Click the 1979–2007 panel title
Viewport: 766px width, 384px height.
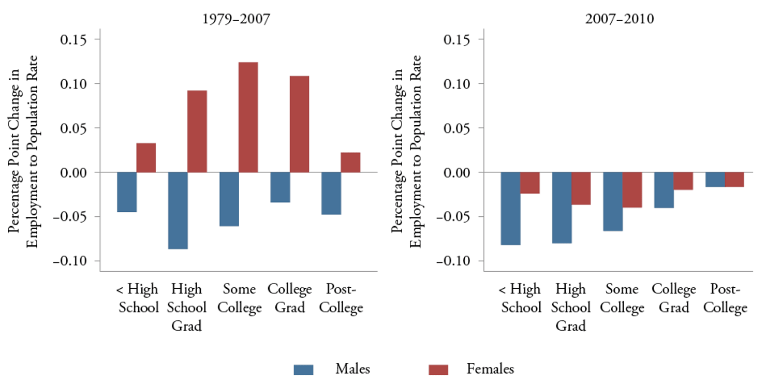coord(237,20)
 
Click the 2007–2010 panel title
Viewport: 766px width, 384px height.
coord(620,20)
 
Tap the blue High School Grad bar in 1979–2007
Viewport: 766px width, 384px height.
coord(178,210)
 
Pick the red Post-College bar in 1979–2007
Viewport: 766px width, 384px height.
coord(350,162)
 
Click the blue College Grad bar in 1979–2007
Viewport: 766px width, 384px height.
coord(280,187)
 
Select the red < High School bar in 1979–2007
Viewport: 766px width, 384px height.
coord(146,157)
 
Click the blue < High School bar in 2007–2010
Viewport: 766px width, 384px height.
coord(510,208)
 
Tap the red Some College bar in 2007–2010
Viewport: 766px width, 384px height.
coord(632,189)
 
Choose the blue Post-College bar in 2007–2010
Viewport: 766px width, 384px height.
coord(715,179)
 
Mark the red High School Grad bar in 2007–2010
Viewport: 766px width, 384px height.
coord(581,188)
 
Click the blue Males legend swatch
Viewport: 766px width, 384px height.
coord(304,370)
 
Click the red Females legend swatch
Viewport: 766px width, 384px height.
coord(438,370)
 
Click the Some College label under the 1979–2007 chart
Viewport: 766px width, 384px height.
coord(239,298)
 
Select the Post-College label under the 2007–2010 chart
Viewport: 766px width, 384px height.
coord(725,299)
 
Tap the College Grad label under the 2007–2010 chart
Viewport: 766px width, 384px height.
coord(674,298)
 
